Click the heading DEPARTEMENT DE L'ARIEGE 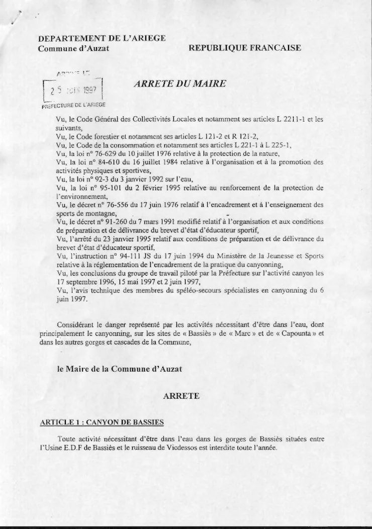point(102,38)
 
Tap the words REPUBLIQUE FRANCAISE point(245,48)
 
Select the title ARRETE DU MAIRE point(179,84)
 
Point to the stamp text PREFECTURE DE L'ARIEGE point(73,106)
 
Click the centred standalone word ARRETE point(181,396)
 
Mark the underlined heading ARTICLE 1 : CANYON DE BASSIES point(102,422)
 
